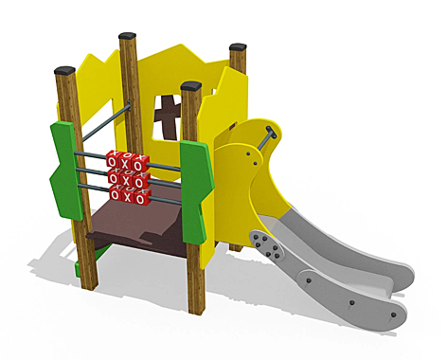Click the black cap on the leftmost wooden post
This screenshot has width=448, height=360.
tap(65, 70)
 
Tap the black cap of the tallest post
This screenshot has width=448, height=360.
tap(128, 38)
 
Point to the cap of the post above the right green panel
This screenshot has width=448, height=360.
tap(191, 86)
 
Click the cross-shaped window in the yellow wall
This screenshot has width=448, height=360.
tap(168, 115)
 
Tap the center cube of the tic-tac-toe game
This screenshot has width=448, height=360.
tap(126, 178)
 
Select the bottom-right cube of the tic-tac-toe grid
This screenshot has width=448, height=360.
tap(141, 197)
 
